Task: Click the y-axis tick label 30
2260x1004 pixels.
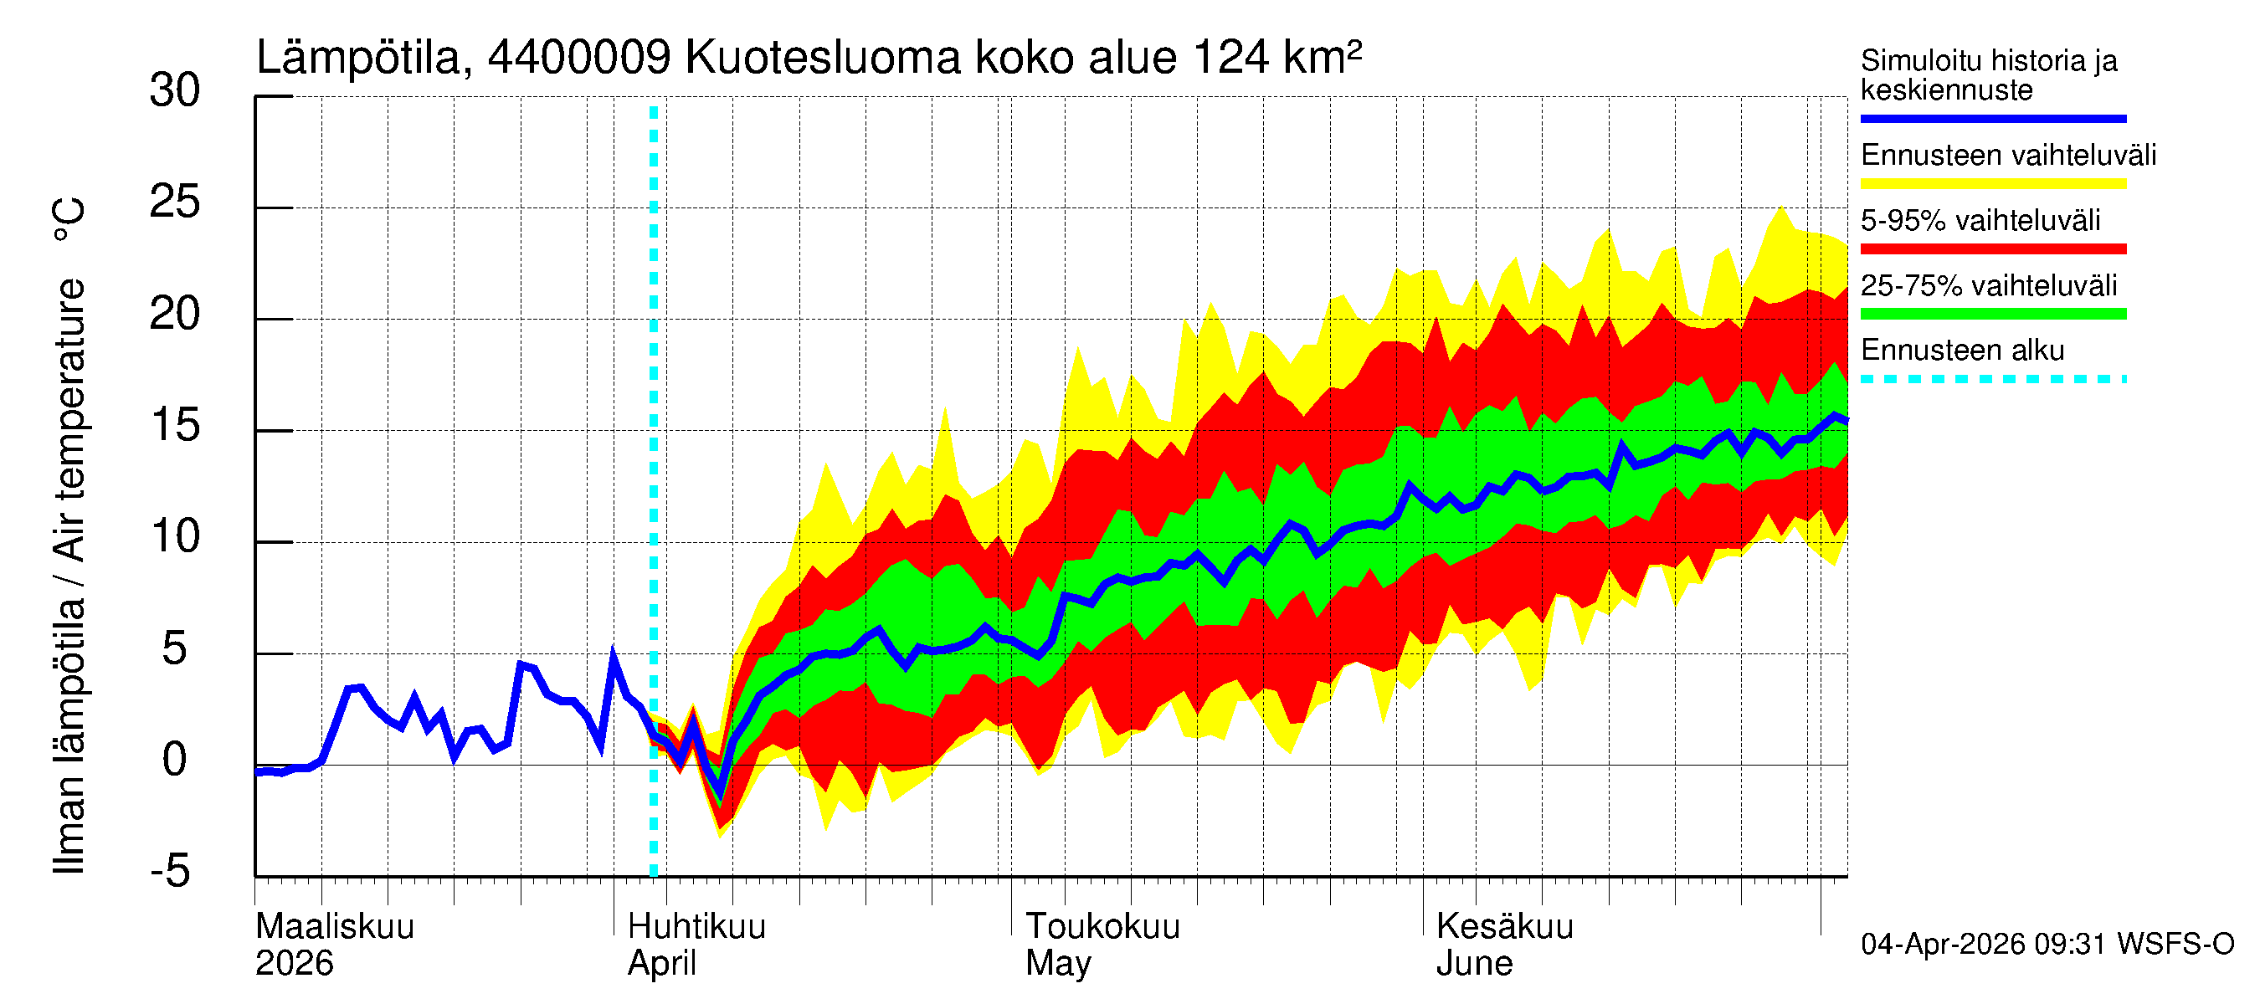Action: [x=175, y=91]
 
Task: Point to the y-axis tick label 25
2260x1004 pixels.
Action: [x=175, y=202]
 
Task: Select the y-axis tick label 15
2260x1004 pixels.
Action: [x=175, y=426]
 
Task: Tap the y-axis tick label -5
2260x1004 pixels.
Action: [x=170, y=872]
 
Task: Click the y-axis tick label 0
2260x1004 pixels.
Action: [x=175, y=761]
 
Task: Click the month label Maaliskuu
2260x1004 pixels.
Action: [x=334, y=927]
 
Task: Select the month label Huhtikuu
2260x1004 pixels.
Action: [x=696, y=927]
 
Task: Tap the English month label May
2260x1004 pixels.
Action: [x=1058, y=964]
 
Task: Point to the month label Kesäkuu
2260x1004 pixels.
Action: [x=1505, y=927]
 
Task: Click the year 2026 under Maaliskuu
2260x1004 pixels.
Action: [x=294, y=964]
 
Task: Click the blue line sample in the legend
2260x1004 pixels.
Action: [x=1992, y=118]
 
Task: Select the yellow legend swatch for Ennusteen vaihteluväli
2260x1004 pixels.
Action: [x=1992, y=184]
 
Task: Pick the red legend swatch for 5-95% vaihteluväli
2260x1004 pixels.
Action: [x=1992, y=249]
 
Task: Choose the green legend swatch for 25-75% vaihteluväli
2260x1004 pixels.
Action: [x=1992, y=314]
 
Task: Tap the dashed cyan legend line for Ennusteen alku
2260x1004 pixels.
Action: [x=1992, y=380]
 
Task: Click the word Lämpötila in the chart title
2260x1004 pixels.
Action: [x=359, y=58]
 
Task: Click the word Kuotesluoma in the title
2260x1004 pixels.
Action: [x=822, y=58]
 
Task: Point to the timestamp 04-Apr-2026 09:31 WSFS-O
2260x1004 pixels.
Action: [x=2047, y=945]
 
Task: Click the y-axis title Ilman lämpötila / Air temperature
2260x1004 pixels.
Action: [x=70, y=535]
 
